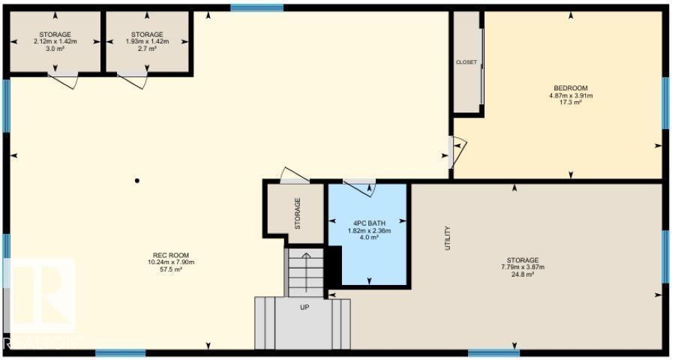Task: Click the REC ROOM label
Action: [x=171, y=255]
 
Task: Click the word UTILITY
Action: [x=448, y=238]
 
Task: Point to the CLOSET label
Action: [x=466, y=62]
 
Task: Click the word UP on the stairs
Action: [x=304, y=307]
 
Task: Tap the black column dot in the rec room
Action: [x=137, y=181]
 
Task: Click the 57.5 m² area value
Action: [x=171, y=268]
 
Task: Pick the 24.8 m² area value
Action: [x=523, y=274]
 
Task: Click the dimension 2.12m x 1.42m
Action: [x=55, y=41]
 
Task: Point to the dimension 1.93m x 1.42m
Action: [x=147, y=41]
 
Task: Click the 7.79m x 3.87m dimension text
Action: [x=523, y=267]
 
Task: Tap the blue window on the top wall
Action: [x=256, y=7]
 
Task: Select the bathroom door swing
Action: [x=359, y=188]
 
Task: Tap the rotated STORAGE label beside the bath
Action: [x=298, y=213]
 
